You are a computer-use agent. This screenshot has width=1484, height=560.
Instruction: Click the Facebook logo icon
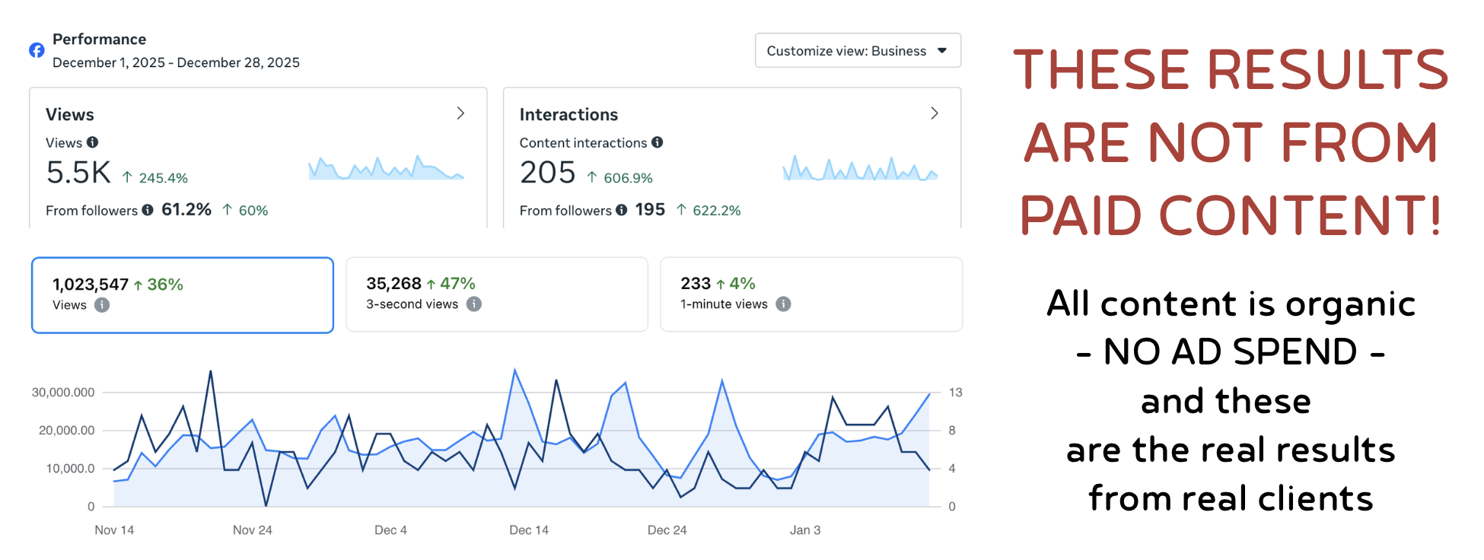point(37,50)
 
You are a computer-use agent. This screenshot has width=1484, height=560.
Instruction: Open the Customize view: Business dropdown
point(857,51)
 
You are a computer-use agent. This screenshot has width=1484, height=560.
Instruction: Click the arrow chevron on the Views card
point(460,113)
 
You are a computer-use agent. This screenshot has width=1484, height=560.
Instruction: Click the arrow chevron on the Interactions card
point(935,113)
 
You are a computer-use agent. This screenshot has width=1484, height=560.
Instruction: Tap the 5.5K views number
point(78,173)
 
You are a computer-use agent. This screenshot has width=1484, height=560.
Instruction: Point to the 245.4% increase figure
point(163,178)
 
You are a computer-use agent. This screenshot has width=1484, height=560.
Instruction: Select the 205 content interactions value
point(547,173)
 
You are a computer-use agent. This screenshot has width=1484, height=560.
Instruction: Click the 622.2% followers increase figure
point(716,211)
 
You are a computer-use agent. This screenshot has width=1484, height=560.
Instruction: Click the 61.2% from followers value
point(186,210)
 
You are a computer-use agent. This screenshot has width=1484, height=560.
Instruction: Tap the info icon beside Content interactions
point(658,142)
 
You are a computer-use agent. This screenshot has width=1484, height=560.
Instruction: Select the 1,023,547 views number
point(91,285)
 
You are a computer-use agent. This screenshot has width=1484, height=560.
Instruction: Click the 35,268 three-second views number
point(393,284)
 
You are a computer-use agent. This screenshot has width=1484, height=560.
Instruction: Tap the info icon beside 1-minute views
point(783,304)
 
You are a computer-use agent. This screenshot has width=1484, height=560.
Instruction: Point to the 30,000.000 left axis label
point(63,393)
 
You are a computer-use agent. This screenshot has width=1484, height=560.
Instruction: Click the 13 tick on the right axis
point(955,393)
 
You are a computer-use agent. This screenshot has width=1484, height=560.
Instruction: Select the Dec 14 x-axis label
point(528,530)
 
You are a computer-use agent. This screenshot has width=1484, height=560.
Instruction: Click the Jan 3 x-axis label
point(804,530)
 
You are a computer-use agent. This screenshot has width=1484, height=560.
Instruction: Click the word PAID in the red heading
point(1081,216)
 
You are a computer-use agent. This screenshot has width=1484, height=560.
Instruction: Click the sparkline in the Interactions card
point(860,168)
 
